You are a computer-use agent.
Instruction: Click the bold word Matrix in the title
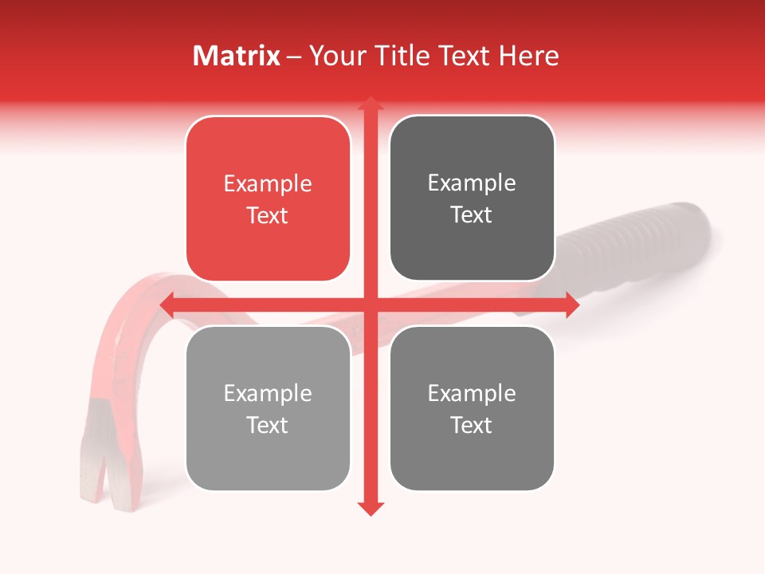point(236,56)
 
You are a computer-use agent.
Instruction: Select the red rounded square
point(268,199)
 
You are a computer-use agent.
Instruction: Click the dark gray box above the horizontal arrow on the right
point(472,199)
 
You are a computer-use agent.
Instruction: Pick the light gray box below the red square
point(268,408)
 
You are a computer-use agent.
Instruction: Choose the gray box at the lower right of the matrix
point(472,408)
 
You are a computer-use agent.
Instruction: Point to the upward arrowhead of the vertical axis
point(370,104)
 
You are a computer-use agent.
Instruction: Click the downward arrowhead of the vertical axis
point(370,509)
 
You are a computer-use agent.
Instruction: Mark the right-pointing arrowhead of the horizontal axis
point(571,305)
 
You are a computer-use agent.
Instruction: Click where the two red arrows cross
point(370,305)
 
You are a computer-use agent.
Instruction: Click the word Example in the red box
point(268,184)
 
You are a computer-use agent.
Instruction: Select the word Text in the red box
point(268,215)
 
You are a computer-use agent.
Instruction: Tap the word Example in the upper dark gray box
point(472,183)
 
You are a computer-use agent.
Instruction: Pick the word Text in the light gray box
point(268,425)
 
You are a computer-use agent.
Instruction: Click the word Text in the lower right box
point(472,425)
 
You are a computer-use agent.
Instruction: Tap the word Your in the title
point(335,56)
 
